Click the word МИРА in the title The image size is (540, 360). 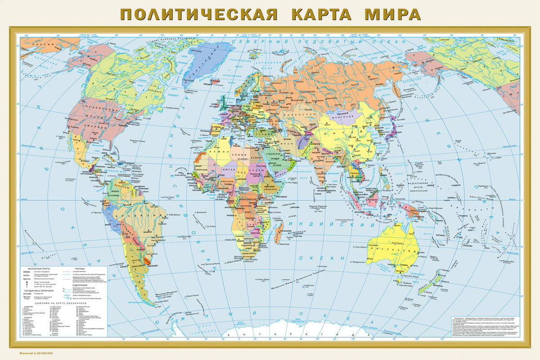[392, 14]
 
